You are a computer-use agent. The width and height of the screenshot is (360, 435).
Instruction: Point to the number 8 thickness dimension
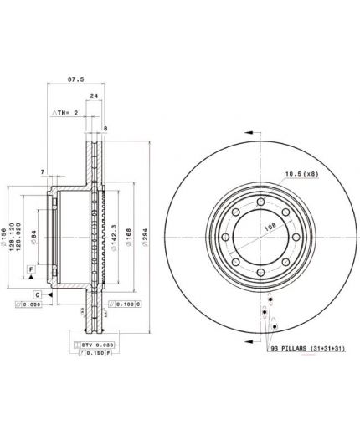coord(105,128)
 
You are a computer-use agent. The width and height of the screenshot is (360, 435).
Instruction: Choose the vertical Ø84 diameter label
coord(34,238)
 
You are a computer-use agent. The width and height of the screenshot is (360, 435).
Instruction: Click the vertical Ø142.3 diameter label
coord(114,238)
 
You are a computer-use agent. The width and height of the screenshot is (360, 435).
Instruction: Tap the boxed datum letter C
coord(38,294)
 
